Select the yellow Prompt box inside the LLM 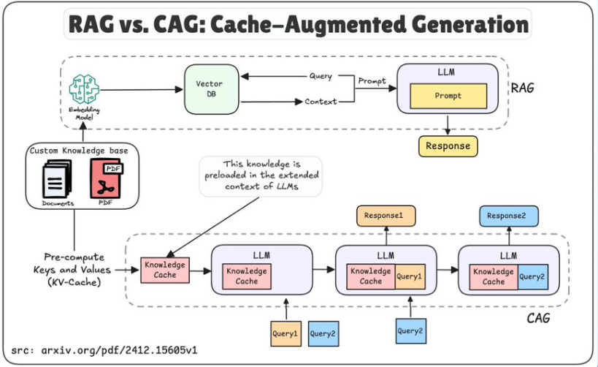pyautogui.click(x=448, y=96)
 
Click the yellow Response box pyautogui.click(x=448, y=145)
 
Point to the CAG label pyautogui.click(x=538, y=318)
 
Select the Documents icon pyautogui.click(x=57, y=181)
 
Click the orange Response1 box pyautogui.click(x=385, y=216)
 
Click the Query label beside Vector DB pyautogui.click(x=321, y=76)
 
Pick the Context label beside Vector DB pyautogui.click(x=321, y=102)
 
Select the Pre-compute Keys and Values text pyautogui.click(x=74, y=268)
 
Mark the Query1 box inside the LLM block pyautogui.click(x=409, y=276)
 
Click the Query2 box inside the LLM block pyautogui.click(x=532, y=276)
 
